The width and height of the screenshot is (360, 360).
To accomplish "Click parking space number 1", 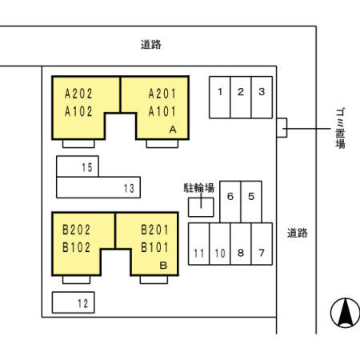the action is coord(219,98).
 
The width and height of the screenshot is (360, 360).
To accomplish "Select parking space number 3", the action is coord(262,98).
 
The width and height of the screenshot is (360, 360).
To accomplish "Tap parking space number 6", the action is coord(230,202).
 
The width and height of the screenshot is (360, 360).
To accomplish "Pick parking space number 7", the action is coord(262,244).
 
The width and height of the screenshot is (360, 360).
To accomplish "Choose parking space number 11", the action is coord(199,244).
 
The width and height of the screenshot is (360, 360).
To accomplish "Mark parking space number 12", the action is coord(74,302).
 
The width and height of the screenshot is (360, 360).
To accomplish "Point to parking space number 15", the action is coord(78,166).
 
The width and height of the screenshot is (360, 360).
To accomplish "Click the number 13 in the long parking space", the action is coord(129,189).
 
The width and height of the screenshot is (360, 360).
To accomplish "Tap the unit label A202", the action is coord(78,94).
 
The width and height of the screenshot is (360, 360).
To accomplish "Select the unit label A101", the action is coord(162,111).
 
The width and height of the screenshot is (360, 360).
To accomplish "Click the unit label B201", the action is coord(154,230).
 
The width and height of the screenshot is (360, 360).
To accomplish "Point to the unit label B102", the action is coord(76,247).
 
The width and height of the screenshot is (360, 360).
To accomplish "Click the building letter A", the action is coord(173,130).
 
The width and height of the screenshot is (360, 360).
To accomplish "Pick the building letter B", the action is coord(163,266).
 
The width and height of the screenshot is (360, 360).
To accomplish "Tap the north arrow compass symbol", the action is coord(345,313).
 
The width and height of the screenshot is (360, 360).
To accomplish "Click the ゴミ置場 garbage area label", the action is coord(340,128).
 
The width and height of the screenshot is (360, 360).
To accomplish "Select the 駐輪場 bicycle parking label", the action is coord(199,188).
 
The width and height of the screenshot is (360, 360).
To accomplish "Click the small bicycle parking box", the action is coord(201,207).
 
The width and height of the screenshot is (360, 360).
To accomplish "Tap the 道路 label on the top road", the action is coord(151,45).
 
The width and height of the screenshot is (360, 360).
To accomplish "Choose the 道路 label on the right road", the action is coord(298,233).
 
